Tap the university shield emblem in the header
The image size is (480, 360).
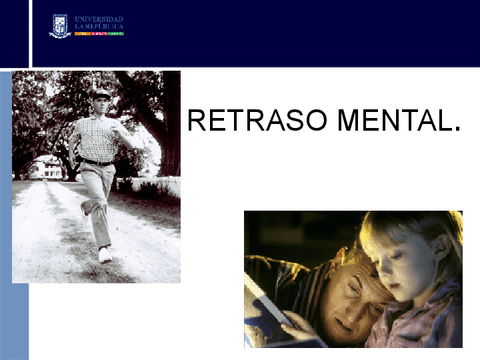point(59,26)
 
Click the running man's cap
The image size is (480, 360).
point(100,93)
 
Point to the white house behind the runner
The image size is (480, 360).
point(45,167)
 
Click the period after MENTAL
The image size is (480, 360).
point(457,129)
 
